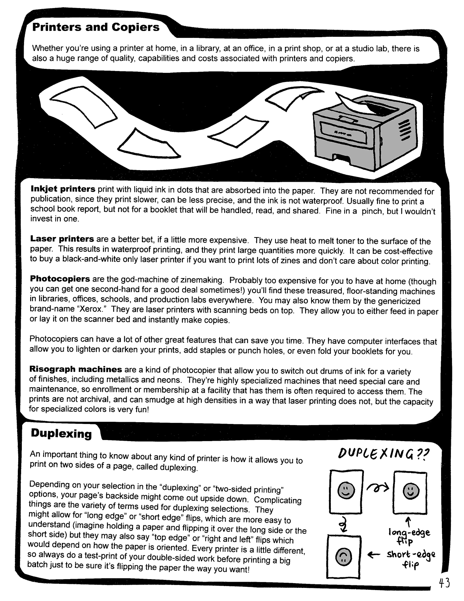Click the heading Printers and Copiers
(x=96, y=28)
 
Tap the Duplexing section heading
(x=61, y=433)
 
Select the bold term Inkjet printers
(x=63, y=189)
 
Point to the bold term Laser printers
(x=62, y=239)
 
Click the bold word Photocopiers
(x=60, y=279)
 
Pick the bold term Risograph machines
(x=76, y=369)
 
